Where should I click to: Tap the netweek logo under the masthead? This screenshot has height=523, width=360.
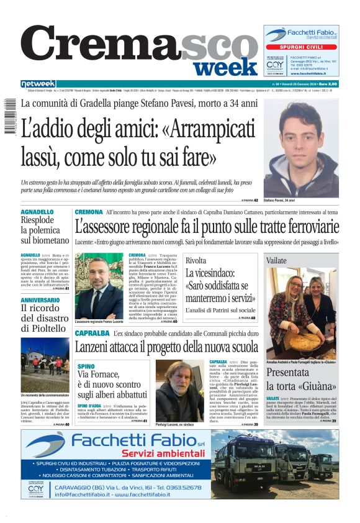coord(38,84)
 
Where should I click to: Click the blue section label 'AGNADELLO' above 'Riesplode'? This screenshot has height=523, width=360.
coord(37,212)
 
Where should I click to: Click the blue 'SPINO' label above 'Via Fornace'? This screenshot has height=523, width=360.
coord(86,366)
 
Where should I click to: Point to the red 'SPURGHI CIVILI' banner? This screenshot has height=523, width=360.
coord(301,47)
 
